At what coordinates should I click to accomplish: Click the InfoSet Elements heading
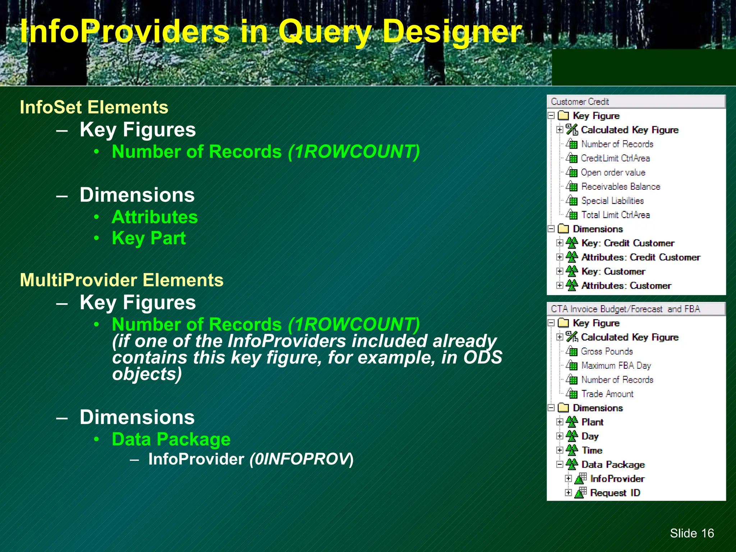coord(94,107)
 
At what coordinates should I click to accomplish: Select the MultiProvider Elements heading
coord(121,280)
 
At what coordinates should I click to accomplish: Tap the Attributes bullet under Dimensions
coord(155,217)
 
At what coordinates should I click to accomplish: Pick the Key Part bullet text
coord(148,238)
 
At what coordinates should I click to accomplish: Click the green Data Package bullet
coord(171,439)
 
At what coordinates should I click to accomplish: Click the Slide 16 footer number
coord(691,533)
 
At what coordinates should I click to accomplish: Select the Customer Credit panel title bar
coord(636,102)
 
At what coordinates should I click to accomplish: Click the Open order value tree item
coord(613,172)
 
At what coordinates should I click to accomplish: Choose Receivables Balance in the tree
coord(621,187)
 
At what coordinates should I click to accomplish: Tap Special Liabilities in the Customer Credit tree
coord(612,201)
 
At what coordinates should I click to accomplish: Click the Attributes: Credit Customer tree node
coord(641,257)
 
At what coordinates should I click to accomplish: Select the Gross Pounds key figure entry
coord(607,351)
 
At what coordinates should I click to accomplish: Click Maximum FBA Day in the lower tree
coord(616,365)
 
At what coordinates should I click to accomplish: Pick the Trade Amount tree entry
coord(607,394)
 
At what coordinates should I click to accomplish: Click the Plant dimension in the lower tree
coord(592,422)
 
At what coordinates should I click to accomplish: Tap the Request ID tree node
coord(615,493)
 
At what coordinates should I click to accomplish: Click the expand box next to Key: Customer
coord(560,271)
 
